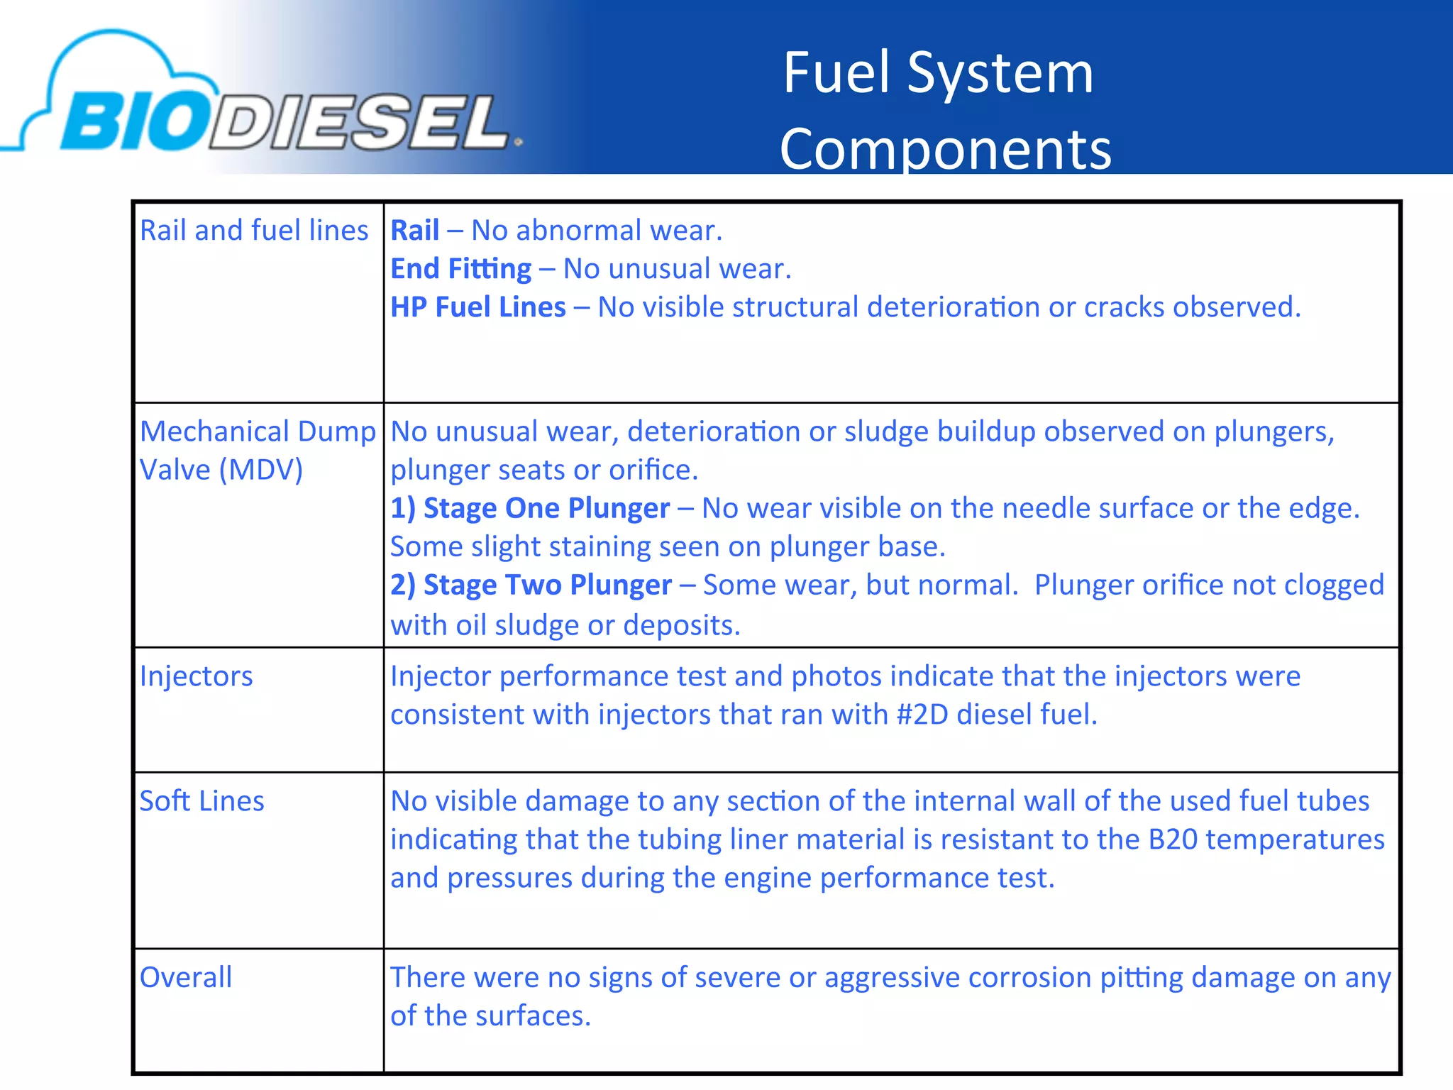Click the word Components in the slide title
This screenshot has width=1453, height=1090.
(945, 149)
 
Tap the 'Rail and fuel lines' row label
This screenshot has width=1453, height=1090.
(254, 231)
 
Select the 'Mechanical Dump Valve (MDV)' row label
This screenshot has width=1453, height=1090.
(257, 450)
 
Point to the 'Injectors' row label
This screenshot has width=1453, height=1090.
(196, 676)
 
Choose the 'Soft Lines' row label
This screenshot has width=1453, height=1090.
(201, 801)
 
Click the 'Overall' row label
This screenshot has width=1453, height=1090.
(186, 978)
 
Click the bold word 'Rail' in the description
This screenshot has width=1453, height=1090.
(415, 231)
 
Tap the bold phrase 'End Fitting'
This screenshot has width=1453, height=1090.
(460, 269)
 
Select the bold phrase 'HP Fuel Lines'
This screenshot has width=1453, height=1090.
(478, 307)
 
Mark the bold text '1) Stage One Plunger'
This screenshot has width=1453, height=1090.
(530, 508)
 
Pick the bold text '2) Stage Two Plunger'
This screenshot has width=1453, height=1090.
(531, 585)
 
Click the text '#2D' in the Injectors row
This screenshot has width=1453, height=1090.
(922, 715)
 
